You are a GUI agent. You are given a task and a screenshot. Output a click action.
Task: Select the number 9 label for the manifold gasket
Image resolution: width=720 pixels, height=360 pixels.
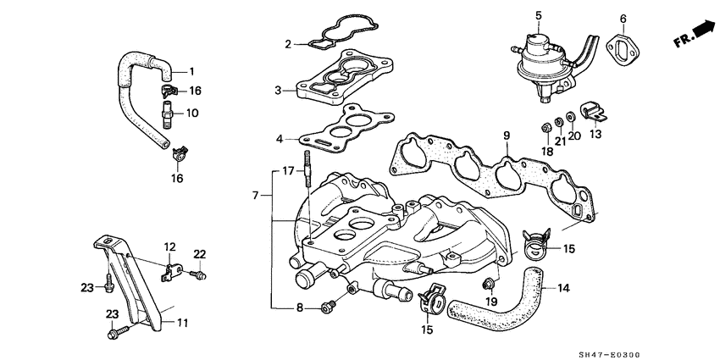506,136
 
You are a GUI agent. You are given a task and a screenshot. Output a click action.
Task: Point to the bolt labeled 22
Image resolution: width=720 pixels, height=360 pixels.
197,275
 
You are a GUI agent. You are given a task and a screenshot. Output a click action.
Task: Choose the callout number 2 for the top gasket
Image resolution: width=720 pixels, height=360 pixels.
288,44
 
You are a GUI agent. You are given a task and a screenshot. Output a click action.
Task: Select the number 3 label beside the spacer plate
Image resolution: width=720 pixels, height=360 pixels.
278,90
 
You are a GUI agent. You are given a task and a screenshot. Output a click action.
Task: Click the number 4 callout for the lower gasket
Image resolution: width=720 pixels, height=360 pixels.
279,139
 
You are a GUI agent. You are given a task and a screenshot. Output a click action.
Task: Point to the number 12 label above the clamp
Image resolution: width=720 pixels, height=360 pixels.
169,246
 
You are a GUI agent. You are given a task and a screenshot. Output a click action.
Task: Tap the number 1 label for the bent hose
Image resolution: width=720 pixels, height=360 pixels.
191,70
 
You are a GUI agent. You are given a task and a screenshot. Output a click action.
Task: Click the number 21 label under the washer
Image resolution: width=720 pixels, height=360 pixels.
559,141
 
